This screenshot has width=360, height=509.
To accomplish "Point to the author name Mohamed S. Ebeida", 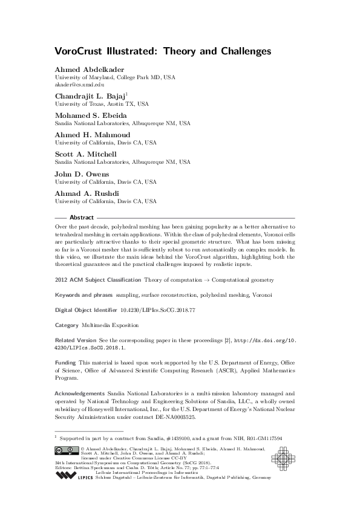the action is (87, 115).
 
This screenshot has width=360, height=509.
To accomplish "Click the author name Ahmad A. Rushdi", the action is (82, 193).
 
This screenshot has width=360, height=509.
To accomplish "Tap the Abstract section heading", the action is (82, 217).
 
